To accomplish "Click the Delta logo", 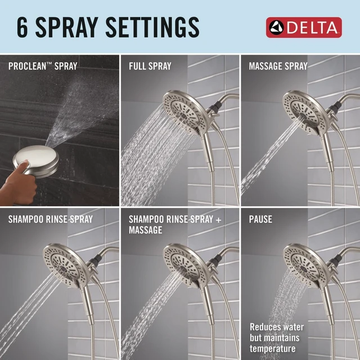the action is pos(304,28).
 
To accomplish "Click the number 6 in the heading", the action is pos(22,27).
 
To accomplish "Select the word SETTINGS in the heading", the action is pos(152,27).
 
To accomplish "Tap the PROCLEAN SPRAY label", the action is pos(43,66).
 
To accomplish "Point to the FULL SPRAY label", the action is pos(150,66).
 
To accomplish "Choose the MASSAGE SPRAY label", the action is pos(278,66).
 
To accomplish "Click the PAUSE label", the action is pos(260,219).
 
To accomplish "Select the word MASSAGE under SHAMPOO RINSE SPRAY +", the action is pos(145,230).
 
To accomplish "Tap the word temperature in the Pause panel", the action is pos(272,349).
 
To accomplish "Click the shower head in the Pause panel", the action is pos(305,264).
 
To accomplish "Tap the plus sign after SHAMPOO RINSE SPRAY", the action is pos(219,220).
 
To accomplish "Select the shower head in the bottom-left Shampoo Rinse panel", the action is pos(65,264).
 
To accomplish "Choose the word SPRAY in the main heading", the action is pos(67,27).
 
